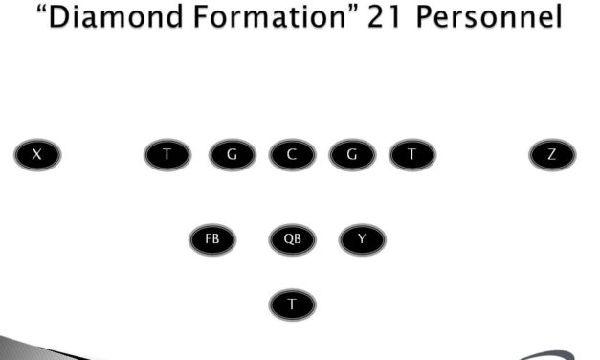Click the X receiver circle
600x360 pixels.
point(37,154)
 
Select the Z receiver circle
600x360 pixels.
point(552,154)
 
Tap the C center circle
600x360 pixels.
point(292,154)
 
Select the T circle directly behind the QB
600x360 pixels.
point(292,304)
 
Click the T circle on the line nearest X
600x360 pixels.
point(167,154)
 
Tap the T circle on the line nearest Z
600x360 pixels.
point(411,154)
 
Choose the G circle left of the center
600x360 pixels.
point(233,154)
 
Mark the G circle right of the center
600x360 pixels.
point(352,154)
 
